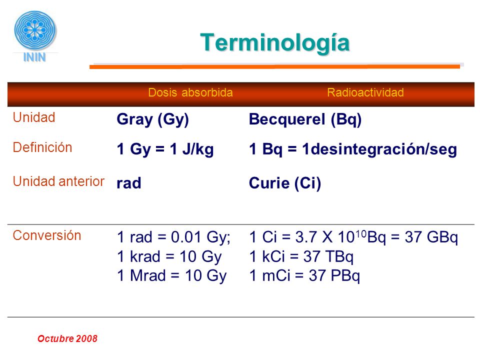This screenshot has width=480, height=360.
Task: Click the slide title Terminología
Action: (x=274, y=43)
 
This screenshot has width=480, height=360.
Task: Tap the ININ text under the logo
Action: (x=34, y=57)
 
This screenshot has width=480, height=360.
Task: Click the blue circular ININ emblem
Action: (x=35, y=29)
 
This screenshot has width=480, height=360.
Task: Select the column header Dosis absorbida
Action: (x=190, y=92)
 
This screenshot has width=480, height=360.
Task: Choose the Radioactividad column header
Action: (x=365, y=92)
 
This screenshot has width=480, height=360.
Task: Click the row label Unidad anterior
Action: (x=58, y=181)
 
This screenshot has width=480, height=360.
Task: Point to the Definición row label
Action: (x=42, y=147)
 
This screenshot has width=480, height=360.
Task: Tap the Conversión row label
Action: (x=47, y=235)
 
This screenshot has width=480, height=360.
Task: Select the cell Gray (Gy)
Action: (x=153, y=119)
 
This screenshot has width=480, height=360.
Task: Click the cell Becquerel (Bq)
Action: (x=305, y=119)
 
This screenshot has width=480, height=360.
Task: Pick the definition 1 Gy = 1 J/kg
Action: (x=165, y=149)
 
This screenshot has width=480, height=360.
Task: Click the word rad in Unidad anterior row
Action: (x=129, y=183)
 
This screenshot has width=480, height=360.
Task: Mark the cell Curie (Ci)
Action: (x=285, y=183)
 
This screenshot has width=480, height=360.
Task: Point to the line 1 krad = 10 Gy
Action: (x=169, y=256)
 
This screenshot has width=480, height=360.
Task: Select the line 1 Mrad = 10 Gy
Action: (x=172, y=275)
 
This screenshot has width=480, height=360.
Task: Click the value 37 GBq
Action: (x=431, y=237)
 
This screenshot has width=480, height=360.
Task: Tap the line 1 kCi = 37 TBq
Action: (x=301, y=256)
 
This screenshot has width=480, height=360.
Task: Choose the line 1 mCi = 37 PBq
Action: (x=304, y=275)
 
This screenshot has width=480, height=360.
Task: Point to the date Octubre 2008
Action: (x=67, y=338)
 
